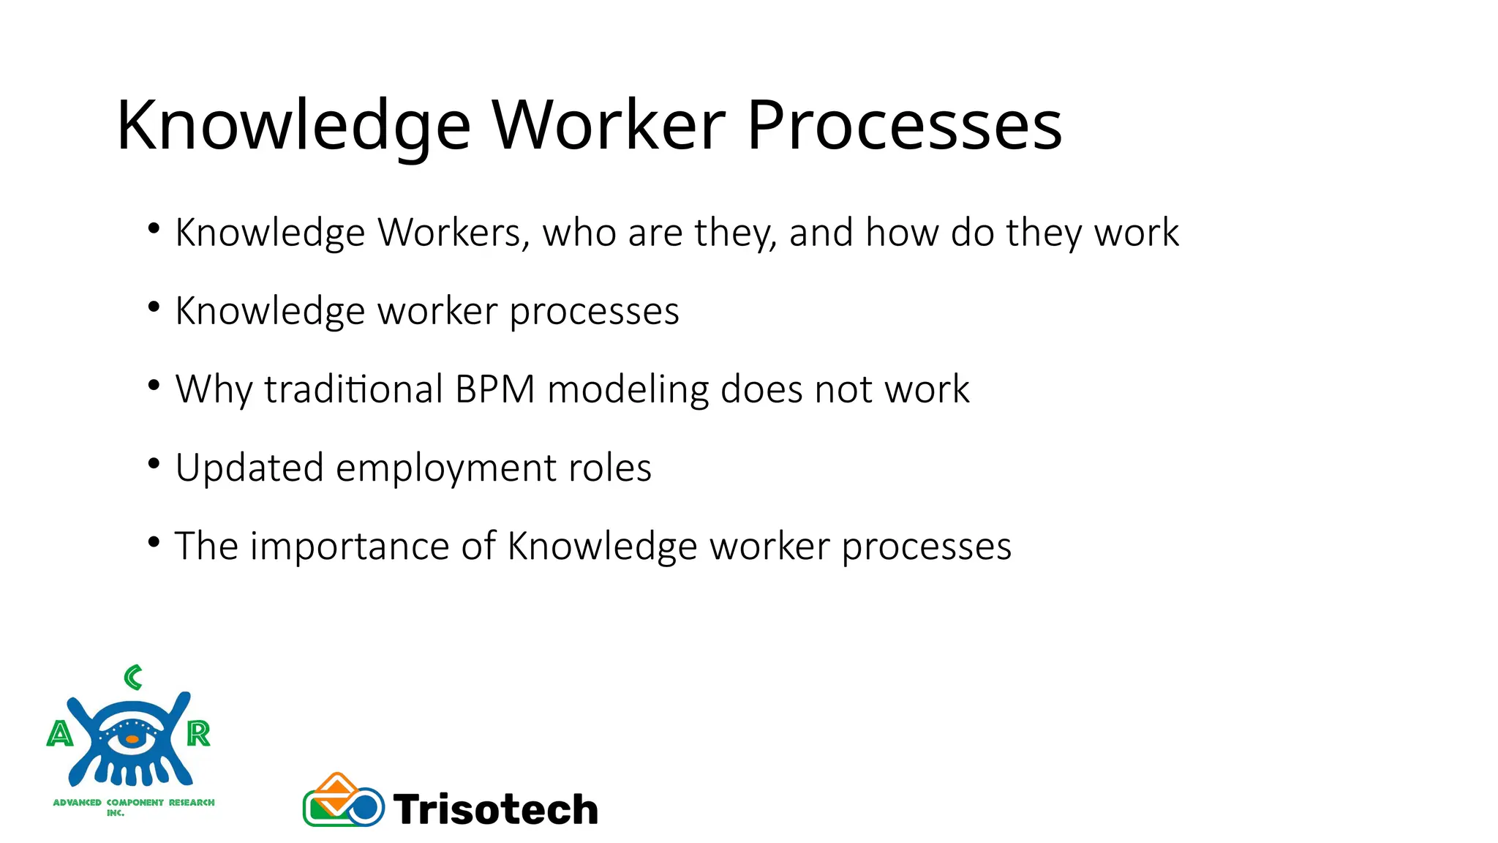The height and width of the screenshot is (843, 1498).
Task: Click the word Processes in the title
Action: [903, 126]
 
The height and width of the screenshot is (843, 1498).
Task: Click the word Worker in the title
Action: [608, 126]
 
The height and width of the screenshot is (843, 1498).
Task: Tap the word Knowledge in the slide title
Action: [293, 126]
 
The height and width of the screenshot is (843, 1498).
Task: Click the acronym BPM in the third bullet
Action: [495, 389]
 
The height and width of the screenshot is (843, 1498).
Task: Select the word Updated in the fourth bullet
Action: [249, 468]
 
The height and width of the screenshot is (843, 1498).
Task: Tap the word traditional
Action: [353, 389]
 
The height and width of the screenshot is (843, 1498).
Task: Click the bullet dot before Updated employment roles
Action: [154, 463]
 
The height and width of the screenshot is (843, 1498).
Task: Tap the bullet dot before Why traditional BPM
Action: [154, 385]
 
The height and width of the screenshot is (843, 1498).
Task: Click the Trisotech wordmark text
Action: [495, 809]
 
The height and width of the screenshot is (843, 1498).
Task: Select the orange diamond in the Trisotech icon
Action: [337, 790]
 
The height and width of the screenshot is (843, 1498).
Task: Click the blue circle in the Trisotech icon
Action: [364, 808]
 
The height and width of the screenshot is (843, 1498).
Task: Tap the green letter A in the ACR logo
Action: [60, 733]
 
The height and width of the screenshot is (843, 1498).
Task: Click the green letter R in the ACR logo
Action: [198, 733]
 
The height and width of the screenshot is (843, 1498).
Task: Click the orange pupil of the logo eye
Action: [132, 740]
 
